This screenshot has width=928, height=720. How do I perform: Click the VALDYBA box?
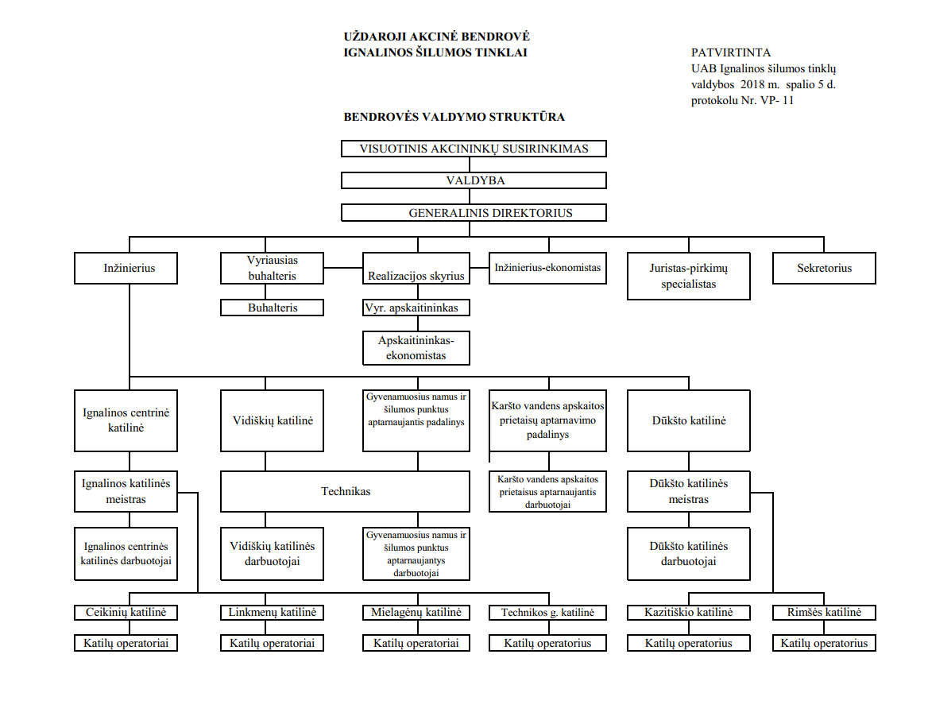(474, 180)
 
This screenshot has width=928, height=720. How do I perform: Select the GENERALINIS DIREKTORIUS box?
(474, 212)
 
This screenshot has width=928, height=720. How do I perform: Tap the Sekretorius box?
(824, 269)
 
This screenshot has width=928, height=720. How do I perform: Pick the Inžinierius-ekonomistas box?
(547, 269)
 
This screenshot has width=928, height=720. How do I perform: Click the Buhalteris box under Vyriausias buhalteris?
(273, 308)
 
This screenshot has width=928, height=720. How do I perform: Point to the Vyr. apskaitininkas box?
(416, 308)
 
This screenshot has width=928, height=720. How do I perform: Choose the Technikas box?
(345, 491)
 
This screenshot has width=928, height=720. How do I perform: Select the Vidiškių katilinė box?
(273, 420)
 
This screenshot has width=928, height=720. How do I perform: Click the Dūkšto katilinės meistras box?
(688, 491)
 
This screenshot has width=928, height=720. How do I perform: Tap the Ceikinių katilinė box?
(126, 612)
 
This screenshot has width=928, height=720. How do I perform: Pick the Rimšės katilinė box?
(824, 612)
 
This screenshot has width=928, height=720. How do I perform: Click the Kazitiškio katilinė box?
(688, 612)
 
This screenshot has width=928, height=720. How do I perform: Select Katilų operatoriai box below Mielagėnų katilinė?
(416, 643)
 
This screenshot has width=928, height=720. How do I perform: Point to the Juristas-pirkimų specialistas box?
(688, 276)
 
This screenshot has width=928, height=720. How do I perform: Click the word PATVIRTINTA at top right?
(731, 52)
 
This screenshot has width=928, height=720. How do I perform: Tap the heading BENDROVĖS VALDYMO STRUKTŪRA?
(454, 117)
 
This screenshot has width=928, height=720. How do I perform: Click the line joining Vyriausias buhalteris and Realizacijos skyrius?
(343, 268)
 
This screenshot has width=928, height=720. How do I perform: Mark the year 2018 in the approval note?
(752, 85)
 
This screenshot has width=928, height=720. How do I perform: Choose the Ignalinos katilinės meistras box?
(126, 491)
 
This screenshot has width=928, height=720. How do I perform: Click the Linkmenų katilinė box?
(273, 612)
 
